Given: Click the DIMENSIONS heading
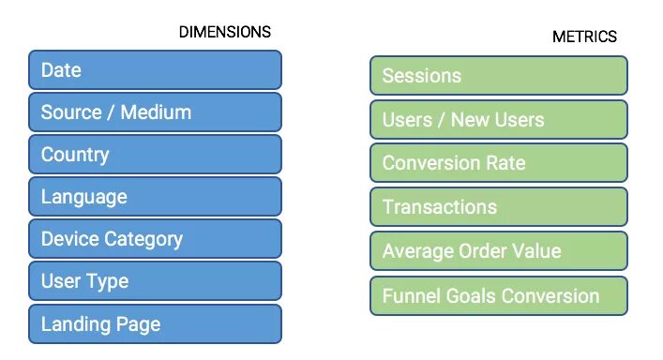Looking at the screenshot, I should pyautogui.click(x=224, y=32).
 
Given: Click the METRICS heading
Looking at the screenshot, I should pyautogui.click(x=584, y=37).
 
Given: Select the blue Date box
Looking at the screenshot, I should pyautogui.click(x=155, y=70).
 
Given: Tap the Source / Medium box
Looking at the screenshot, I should pyautogui.click(x=155, y=112).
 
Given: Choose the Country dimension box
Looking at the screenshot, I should pyautogui.click(x=155, y=155).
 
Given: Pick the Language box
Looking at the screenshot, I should pyautogui.click(x=155, y=197).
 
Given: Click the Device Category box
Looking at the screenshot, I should pyautogui.click(x=155, y=239).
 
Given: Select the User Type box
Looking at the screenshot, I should pyautogui.click(x=155, y=281).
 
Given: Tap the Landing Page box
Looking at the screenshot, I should pyautogui.click(x=155, y=324).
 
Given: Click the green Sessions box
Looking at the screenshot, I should pyautogui.click(x=498, y=76).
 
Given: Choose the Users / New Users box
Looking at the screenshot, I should pyautogui.click(x=498, y=120).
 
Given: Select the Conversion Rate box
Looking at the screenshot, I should pyautogui.click(x=498, y=163).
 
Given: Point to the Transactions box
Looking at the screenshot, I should pyautogui.click(x=498, y=207).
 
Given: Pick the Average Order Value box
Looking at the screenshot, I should pyautogui.click(x=498, y=251).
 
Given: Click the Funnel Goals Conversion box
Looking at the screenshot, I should pyautogui.click(x=498, y=296).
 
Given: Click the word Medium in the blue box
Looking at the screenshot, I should pyautogui.click(x=156, y=112).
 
